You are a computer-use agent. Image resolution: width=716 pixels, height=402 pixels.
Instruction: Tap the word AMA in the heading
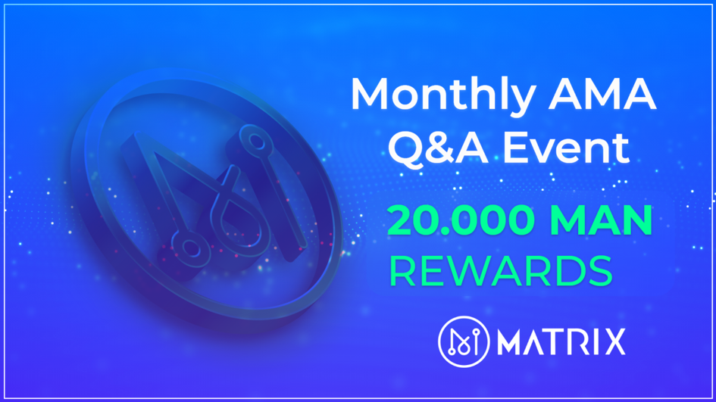click(x=602, y=94)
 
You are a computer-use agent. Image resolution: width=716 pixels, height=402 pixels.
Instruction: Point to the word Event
click(x=566, y=148)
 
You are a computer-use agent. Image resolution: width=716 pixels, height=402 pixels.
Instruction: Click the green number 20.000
click(x=461, y=220)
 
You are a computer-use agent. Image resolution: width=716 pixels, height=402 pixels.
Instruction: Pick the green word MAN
click(x=601, y=220)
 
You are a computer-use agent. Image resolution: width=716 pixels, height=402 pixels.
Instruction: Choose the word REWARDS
click(x=501, y=270)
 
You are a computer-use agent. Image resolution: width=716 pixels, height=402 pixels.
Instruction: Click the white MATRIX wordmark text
click(x=561, y=341)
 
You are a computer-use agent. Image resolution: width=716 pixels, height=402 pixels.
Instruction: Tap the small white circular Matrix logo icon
click(x=464, y=341)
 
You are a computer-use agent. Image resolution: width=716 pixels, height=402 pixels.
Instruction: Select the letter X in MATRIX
click(x=614, y=341)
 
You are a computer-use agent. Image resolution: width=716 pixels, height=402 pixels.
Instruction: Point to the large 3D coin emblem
click(x=206, y=196)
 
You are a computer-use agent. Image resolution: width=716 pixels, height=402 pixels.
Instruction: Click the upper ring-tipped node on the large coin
click(x=257, y=142)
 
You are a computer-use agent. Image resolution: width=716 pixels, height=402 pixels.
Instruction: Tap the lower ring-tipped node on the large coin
click(x=190, y=248)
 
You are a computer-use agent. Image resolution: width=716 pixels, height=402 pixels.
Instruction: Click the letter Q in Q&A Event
click(x=406, y=148)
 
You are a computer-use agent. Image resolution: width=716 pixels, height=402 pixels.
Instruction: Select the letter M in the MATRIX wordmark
click(x=510, y=341)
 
